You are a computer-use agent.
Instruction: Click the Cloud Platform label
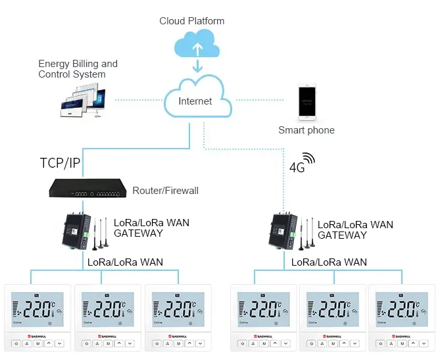pyautogui.click(x=191, y=21)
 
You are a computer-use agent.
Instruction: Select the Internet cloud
pyautogui.click(x=196, y=101)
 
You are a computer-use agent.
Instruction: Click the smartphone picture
pyautogui.click(x=307, y=103)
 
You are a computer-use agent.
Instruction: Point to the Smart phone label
pyautogui.click(x=306, y=130)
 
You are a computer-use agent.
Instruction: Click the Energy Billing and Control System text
pyautogui.click(x=78, y=69)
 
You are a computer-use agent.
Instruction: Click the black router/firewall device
pyautogui.click(x=87, y=189)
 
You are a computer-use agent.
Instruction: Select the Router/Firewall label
pyautogui.click(x=165, y=191)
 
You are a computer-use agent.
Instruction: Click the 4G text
pyautogui.click(x=297, y=168)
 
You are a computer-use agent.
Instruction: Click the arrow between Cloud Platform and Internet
pyautogui.click(x=196, y=66)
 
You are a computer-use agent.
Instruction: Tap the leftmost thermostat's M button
pyautogui.click(x=37, y=343)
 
